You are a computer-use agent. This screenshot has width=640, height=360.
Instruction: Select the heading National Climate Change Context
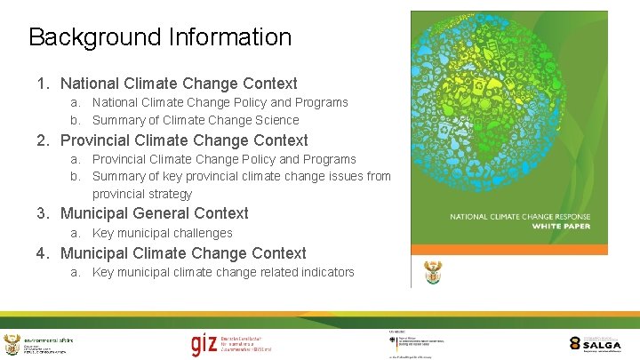pos(179,84)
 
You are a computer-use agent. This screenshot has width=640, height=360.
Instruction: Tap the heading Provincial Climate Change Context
pos(184,140)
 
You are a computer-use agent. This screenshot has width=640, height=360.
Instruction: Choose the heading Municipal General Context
pos(154,213)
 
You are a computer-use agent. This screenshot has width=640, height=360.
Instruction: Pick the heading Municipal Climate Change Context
pos(183,253)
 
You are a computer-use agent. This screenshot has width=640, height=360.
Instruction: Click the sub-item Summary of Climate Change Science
pos(196,120)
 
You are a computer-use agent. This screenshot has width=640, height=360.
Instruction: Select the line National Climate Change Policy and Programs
pos(220,102)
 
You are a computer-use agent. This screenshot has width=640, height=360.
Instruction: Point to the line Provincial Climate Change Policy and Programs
pos(224,159)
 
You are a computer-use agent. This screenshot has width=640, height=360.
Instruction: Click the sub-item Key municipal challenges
pos(162,233)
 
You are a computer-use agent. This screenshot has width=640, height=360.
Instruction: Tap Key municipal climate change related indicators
pos(223,272)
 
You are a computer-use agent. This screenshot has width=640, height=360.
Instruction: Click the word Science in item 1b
pos(276,120)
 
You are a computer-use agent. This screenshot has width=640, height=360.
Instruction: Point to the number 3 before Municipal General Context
pos(41,213)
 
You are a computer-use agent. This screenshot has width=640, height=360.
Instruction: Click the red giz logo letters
pos(204,344)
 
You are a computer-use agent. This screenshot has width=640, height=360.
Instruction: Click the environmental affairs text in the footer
pos(49,340)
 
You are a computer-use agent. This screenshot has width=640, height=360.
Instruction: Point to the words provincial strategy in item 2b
pos(142,194)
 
